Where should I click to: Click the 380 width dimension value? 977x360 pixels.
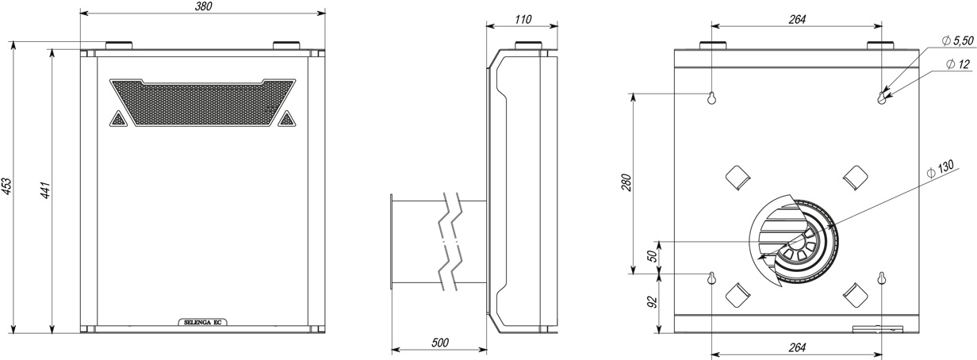pyautogui.click(x=203, y=6)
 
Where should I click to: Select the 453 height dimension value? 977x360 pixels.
pyautogui.click(x=6, y=187)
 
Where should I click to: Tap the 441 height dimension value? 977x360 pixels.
pyautogui.click(x=45, y=190)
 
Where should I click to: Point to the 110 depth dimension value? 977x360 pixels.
pyautogui.click(x=523, y=19)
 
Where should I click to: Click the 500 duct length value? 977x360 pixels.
pyautogui.click(x=439, y=343)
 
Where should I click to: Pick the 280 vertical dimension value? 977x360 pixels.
pyautogui.click(x=626, y=183)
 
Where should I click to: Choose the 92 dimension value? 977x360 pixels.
pyautogui.click(x=652, y=302)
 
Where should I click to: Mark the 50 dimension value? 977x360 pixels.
pyautogui.click(x=652, y=256)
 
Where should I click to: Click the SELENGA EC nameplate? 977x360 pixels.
pyautogui.click(x=203, y=323)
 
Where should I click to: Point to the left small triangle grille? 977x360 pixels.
pyautogui.click(x=117, y=119)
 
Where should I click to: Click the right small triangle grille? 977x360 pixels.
pyautogui.click(x=286, y=119)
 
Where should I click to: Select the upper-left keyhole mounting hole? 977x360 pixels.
pyautogui.click(x=711, y=98)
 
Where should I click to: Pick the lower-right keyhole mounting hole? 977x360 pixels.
pyautogui.click(x=882, y=278)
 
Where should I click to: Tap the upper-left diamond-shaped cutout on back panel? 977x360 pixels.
pyautogui.click(x=738, y=178)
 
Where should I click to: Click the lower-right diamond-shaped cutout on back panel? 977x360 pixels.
pyautogui.click(x=856, y=295)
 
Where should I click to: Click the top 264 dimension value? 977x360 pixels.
pyautogui.click(x=797, y=19)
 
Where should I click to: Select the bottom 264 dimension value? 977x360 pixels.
pyautogui.click(x=797, y=347)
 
